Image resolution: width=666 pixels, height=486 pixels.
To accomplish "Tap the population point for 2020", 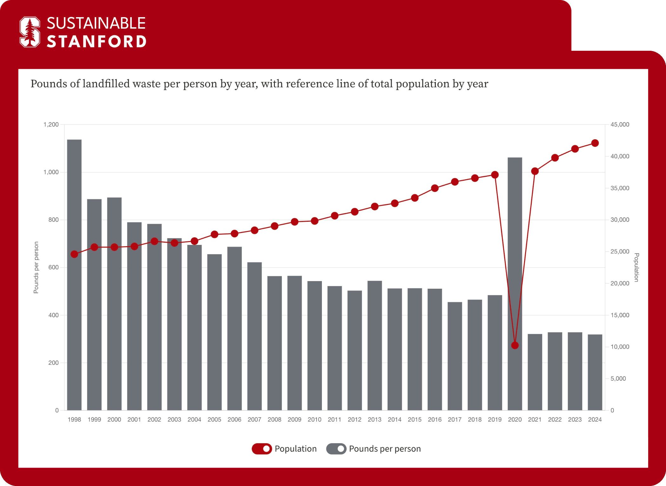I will pyautogui.click(x=515, y=345).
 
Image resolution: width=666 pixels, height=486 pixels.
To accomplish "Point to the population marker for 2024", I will pyautogui.click(x=595, y=143).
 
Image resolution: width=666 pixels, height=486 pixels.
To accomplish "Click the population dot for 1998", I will pyautogui.click(x=74, y=254).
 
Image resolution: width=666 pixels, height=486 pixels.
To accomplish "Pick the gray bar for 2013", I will pyautogui.click(x=375, y=345).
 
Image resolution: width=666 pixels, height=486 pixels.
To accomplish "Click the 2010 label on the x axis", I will pyautogui.click(x=314, y=419).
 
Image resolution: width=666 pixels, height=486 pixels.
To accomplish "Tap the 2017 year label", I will pyautogui.click(x=455, y=419).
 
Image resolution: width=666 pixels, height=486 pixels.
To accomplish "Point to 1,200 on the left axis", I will pyautogui.click(x=51, y=125).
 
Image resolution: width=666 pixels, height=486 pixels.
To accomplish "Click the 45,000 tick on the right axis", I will pyautogui.click(x=620, y=125).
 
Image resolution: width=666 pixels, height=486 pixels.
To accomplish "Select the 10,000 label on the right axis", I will pyautogui.click(x=620, y=347).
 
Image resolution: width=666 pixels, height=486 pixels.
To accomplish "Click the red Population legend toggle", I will pyautogui.click(x=262, y=449).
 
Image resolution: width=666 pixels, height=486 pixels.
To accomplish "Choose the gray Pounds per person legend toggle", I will pyautogui.click(x=336, y=449).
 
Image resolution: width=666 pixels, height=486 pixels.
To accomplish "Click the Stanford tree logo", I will pyautogui.click(x=30, y=32).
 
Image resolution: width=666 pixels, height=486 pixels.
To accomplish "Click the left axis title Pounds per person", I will pyautogui.click(x=36, y=267).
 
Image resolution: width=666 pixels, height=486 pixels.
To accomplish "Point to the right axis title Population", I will pyautogui.click(x=636, y=267).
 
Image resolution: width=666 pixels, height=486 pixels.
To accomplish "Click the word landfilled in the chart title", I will pyautogui.click(x=106, y=84).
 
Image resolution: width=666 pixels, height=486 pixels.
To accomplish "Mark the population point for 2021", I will pyautogui.click(x=535, y=171).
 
